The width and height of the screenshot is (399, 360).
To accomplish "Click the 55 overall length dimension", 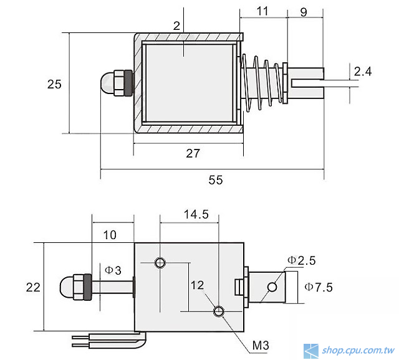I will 215,180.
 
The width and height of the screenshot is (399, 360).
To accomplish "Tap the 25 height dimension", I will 54,83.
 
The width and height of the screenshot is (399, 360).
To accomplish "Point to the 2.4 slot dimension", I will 362,72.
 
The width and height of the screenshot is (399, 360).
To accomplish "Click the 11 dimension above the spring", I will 262,11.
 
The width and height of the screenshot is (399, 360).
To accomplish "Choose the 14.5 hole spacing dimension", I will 196,214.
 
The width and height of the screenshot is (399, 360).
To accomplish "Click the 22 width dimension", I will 33,287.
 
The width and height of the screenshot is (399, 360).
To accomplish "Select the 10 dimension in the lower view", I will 110,235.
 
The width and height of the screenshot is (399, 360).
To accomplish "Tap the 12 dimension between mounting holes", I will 197,285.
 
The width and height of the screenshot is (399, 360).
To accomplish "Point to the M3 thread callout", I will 262,344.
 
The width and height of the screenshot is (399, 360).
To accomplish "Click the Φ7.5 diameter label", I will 319,287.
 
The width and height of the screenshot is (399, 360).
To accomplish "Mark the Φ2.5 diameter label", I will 301,259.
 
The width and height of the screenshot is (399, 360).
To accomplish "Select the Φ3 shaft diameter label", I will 113,270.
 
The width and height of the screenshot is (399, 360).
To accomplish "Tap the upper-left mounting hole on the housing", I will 161,262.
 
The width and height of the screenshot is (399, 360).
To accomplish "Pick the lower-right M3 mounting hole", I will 219,311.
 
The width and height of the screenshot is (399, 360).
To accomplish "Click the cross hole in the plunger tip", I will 272,287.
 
